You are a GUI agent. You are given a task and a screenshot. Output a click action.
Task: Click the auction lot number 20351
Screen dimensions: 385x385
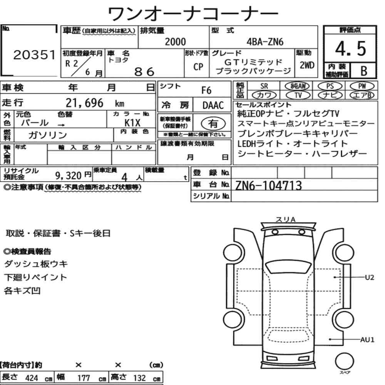[x=34, y=55]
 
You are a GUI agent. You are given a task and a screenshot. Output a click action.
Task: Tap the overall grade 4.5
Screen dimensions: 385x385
[x=350, y=49]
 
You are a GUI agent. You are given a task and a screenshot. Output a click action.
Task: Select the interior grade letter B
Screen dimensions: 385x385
[x=364, y=71]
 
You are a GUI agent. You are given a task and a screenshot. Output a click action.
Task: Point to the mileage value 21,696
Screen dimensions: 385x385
[x=84, y=103]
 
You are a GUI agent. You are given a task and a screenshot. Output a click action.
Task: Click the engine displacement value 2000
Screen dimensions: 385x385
[x=175, y=42]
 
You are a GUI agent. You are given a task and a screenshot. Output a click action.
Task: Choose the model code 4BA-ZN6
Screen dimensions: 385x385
[x=265, y=42]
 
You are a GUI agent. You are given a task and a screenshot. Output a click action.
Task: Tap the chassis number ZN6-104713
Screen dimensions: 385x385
[x=268, y=186]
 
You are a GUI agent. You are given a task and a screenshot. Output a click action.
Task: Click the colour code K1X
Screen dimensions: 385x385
[x=132, y=123]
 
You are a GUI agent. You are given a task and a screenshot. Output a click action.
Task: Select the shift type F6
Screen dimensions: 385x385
[x=206, y=90]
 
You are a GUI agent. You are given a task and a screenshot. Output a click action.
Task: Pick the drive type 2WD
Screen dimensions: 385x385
[x=307, y=65]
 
